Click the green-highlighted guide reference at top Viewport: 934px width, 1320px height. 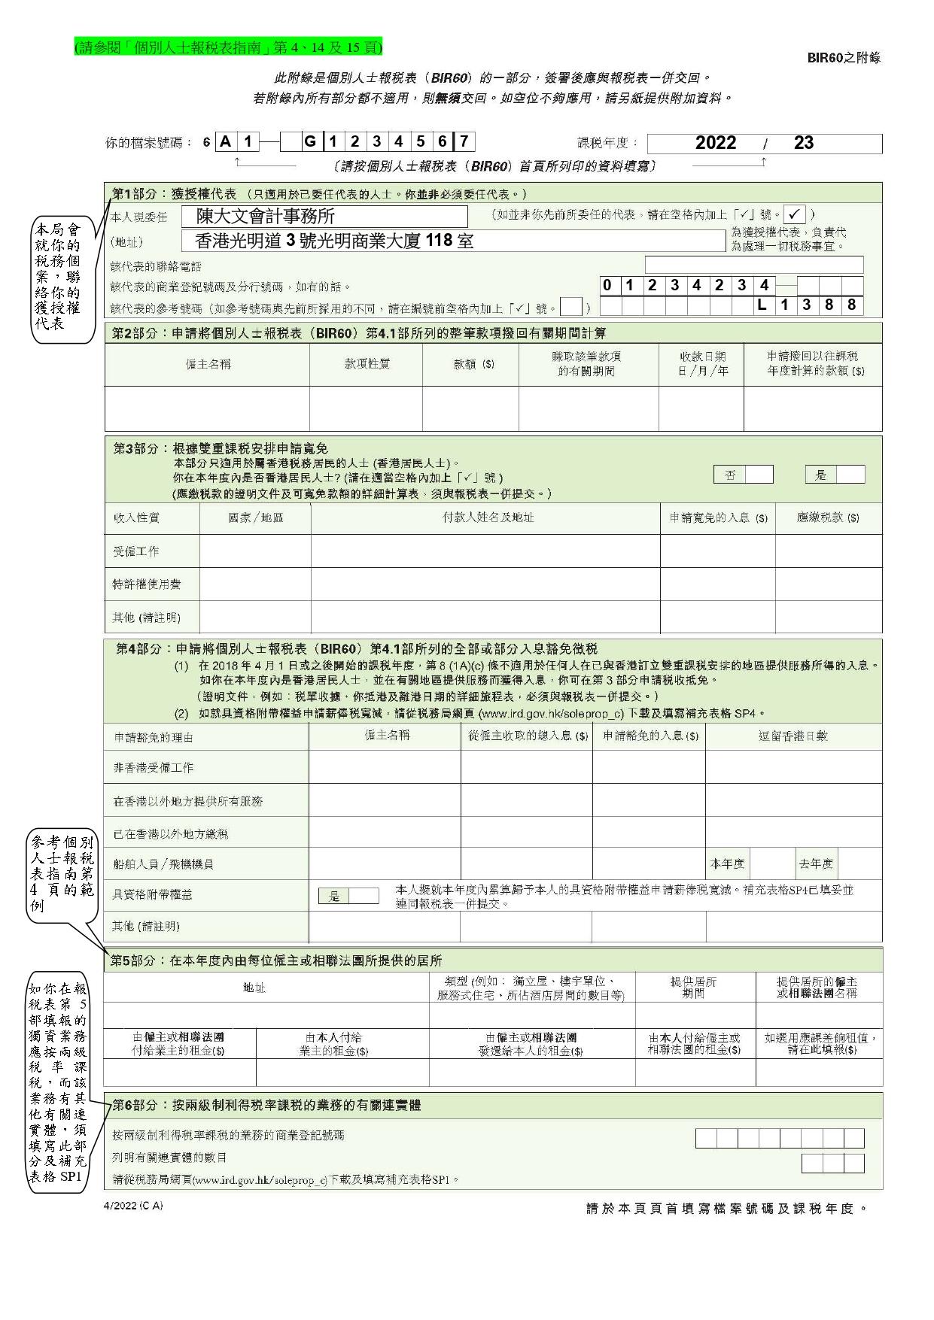coord(228,47)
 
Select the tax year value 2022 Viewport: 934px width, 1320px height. coord(715,143)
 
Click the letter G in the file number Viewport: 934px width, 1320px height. coord(310,141)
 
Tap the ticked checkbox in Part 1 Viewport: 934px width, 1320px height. coord(795,214)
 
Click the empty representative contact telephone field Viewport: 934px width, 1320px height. coord(753,265)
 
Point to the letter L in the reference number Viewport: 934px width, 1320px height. coord(762,305)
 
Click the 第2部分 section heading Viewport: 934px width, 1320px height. coord(359,332)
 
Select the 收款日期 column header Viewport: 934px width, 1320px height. coord(701,364)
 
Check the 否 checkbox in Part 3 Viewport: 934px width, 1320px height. coord(758,475)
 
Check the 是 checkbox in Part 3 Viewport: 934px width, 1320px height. coord(850,475)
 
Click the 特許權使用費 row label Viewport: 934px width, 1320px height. coord(147,584)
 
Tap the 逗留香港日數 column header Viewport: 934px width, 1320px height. coord(793,736)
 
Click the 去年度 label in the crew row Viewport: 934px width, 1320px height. coord(816,864)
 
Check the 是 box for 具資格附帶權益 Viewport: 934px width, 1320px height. coord(364,896)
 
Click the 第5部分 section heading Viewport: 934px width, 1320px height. coord(276,960)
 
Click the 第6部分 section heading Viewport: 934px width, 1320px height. coord(266,1105)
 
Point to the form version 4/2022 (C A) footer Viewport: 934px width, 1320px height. coord(133,1206)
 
